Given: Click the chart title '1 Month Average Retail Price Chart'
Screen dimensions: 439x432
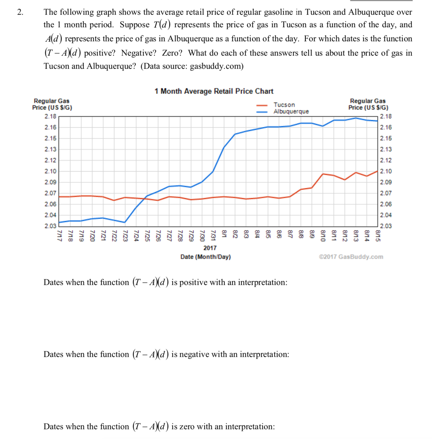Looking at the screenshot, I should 214,91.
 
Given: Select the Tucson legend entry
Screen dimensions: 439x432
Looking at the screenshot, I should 284,105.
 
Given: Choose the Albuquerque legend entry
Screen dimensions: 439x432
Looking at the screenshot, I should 291,111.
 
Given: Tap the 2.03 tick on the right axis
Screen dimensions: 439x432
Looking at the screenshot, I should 386,226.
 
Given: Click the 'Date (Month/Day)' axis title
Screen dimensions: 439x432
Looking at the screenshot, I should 206,257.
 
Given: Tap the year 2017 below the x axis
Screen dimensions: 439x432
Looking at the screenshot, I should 210,248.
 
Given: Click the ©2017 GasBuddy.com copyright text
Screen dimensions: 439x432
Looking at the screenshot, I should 351,257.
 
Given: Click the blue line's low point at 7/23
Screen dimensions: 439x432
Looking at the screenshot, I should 125,222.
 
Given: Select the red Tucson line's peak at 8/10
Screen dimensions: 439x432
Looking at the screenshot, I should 323,174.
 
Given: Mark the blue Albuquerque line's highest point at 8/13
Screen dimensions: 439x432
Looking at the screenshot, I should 356,118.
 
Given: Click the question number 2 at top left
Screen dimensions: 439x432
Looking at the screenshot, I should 20,12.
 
